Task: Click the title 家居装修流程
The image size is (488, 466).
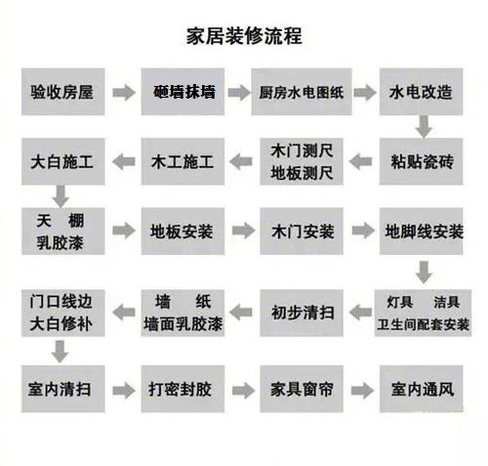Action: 244,36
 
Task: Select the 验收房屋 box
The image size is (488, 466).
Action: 63,92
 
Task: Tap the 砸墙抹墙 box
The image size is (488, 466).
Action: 183,92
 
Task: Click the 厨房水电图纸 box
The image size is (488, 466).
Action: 302,92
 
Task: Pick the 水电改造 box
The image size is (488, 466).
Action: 421,92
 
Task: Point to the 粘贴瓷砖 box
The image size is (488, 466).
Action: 421,161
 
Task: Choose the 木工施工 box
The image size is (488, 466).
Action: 183,161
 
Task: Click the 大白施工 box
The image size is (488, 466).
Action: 63,161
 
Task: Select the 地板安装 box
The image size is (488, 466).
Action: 183,232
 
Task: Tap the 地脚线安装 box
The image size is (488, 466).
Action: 421,232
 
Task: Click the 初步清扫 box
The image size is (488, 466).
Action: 302,313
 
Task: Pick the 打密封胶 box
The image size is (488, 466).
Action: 183,389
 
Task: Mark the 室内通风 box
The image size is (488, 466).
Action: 421,389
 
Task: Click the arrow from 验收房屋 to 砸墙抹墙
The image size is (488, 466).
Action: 124,93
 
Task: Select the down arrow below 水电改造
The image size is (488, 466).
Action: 424,127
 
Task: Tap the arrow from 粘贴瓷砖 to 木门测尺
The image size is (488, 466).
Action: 360,162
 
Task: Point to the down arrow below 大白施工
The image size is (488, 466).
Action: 61,196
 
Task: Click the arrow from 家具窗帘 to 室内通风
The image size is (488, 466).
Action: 363,391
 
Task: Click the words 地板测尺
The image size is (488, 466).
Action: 302,173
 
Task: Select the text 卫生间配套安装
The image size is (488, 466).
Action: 423,324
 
